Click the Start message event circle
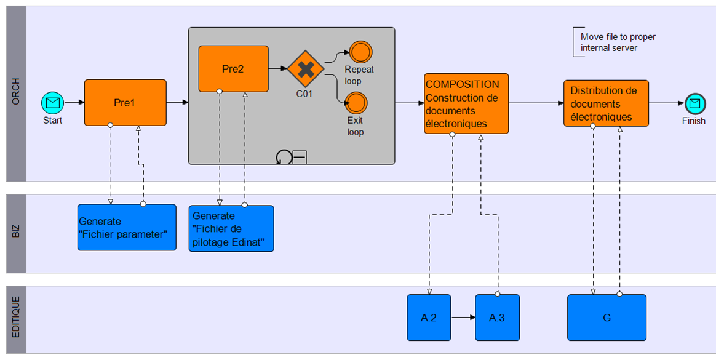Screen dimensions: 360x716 pyautogui.click(x=52, y=102)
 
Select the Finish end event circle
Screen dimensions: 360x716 pyautogui.click(x=694, y=103)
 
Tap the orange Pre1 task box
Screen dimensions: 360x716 pyautogui.click(x=125, y=103)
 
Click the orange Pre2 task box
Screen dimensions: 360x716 pyautogui.click(x=233, y=69)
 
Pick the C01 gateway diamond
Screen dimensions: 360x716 pyautogui.click(x=305, y=69)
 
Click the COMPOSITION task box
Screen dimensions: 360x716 pyautogui.click(x=466, y=103)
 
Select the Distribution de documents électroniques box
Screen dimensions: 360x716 pyautogui.click(x=606, y=103)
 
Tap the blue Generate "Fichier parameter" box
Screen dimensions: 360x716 pyautogui.click(x=127, y=227)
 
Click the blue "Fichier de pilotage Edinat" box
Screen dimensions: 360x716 pyautogui.click(x=231, y=228)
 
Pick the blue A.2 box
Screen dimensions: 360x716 pyautogui.click(x=429, y=318)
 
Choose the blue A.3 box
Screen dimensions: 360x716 pyautogui.click(x=497, y=318)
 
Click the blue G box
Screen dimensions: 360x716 pyautogui.click(x=607, y=318)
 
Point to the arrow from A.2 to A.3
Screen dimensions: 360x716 pyautogui.click(x=463, y=318)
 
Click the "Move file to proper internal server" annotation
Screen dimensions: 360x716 pyautogui.click(x=617, y=42)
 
